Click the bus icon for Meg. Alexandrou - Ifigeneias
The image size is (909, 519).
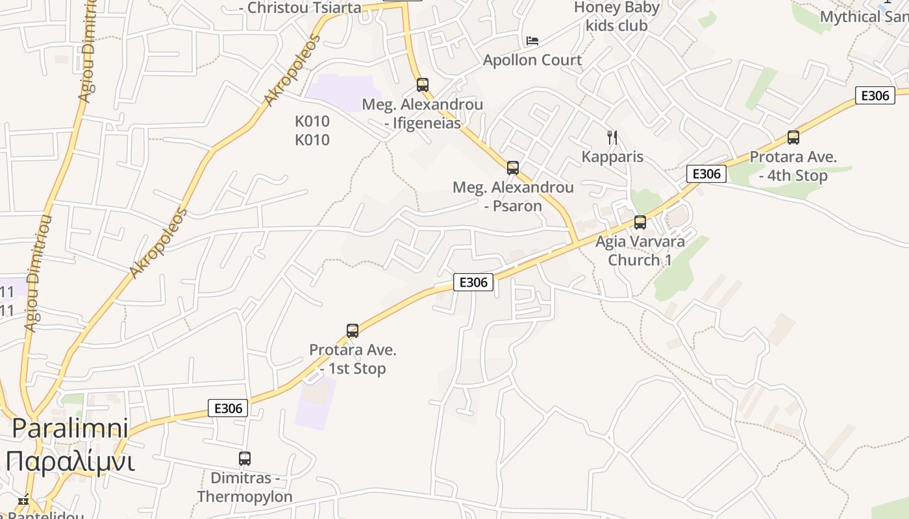pos(423,85)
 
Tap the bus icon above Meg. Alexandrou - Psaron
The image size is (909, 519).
pos(513,168)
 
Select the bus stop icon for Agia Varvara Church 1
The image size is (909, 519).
pos(640,223)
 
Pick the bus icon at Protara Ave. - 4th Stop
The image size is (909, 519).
pos(793,138)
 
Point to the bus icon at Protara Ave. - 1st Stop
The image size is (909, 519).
pos(353,331)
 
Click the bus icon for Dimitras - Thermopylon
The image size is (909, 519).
pos(245,459)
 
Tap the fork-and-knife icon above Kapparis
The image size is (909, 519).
pos(612,137)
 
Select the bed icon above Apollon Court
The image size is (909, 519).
pos(532,41)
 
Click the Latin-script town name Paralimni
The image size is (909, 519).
pos(70,428)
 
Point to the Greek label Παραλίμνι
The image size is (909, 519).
pos(70,462)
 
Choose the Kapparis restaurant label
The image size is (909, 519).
pos(612,157)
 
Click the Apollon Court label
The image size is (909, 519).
pos(532,60)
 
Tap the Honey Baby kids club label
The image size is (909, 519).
pos(616,17)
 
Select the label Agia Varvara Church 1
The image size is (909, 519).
pos(640,250)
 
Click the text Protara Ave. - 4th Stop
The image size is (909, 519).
pos(793,166)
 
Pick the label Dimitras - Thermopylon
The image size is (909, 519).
pos(245,487)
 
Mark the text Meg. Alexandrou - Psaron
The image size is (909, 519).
pos(513,197)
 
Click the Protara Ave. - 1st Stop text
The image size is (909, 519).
pos(353,359)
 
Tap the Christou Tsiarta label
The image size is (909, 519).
pos(300,8)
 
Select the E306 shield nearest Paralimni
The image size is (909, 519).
pos(228,408)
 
